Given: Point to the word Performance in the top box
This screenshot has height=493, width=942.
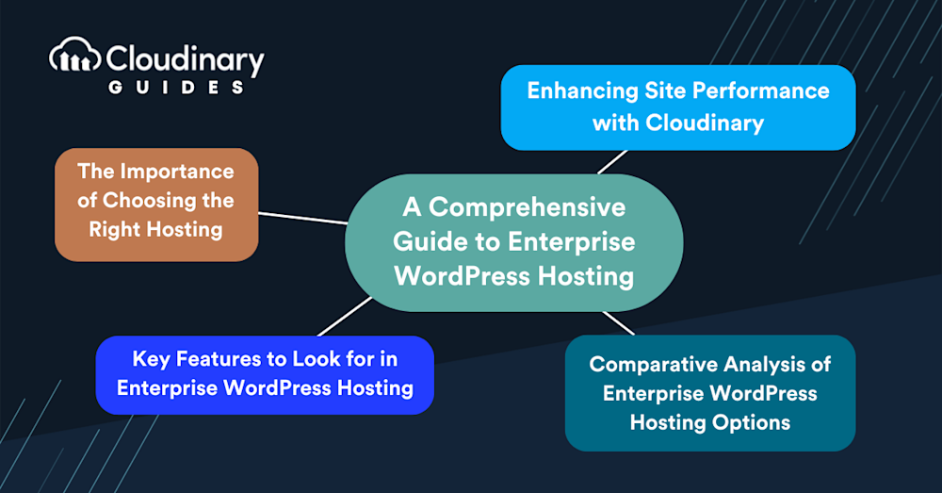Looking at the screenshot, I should (x=769, y=91).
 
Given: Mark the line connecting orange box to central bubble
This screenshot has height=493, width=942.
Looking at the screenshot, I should (x=302, y=218).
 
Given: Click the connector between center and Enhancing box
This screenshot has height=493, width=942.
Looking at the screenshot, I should (x=611, y=161).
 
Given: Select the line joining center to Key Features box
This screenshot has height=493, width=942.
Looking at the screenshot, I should (x=345, y=316).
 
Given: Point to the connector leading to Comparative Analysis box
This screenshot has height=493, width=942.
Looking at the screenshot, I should (x=618, y=322).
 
